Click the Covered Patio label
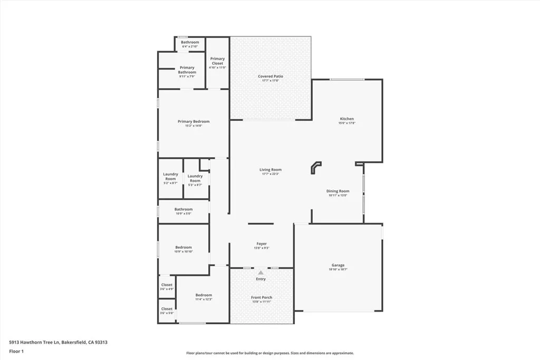[271, 76]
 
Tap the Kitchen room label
[346, 119]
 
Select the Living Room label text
[271, 170]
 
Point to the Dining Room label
[337, 191]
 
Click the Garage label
[338, 266]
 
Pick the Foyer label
[262, 244]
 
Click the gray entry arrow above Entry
[261, 272]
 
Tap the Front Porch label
[262, 298]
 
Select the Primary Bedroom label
[194, 122]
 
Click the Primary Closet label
[217, 61]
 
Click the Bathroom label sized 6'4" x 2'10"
[190, 42]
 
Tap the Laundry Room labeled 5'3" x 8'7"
[195, 179]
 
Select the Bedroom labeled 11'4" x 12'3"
[204, 295]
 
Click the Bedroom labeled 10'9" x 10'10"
[184, 248]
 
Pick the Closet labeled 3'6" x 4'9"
[167, 285]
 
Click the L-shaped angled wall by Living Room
[315, 167]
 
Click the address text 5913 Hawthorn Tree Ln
[58, 342]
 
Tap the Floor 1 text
[17, 351]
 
